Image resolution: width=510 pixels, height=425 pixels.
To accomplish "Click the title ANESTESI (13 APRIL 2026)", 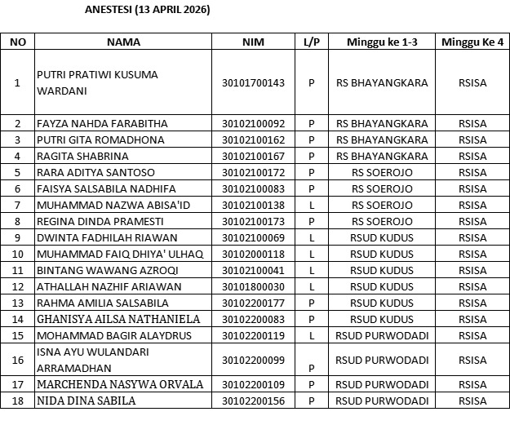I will point(148,11).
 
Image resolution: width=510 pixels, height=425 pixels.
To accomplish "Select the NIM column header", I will point(253,42).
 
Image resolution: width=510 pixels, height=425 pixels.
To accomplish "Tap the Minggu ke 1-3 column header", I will point(382,42).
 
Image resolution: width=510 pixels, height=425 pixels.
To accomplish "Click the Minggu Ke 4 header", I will point(472,42).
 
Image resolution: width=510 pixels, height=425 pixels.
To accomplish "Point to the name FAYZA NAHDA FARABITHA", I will point(103,123).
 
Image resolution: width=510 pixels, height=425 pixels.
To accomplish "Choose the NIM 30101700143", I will point(253,82).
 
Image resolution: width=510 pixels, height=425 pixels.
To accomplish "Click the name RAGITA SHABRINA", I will point(83,156).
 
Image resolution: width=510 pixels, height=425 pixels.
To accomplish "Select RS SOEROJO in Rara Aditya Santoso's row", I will point(382,172).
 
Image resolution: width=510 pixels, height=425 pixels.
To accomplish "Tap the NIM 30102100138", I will point(253,205).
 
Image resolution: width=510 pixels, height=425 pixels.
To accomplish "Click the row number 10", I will point(18,254).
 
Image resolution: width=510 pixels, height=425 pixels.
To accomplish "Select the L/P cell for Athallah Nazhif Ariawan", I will point(311,286).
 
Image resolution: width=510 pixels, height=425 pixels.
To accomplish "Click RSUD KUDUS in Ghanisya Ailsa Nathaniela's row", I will point(382,319).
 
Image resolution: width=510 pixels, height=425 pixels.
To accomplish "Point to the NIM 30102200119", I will point(253,335).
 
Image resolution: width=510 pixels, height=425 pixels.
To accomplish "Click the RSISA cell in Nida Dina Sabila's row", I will point(472,401).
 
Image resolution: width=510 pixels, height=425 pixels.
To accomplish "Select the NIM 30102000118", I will point(253,254).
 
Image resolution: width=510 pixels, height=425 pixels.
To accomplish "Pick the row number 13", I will point(18,303).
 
